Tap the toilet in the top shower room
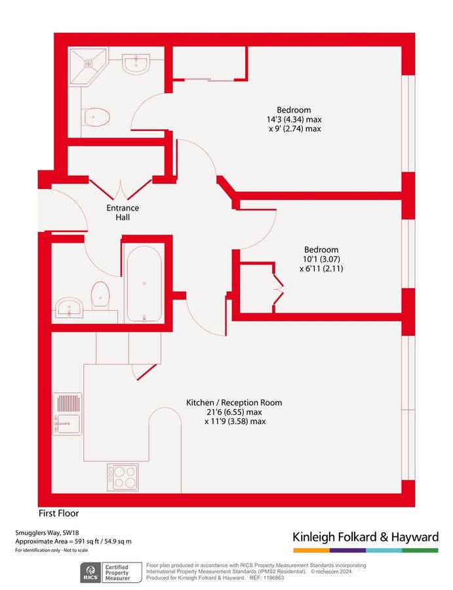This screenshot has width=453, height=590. pyautogui.click(x=96, y=117)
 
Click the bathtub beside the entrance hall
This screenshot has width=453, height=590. pyautogui.click(x=144, y=284)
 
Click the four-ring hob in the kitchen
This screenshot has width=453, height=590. pyautogui.click(x=123, y=477)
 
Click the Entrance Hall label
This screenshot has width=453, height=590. pyautogui.click(x=123, y=212)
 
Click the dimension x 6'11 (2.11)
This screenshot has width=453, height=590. pyautogui.click(x=321, y=268)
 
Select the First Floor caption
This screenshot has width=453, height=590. pyautogui.click(x=59, y=513)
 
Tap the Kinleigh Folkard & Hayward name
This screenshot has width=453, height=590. pyautogui.click(x=365, y=538)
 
